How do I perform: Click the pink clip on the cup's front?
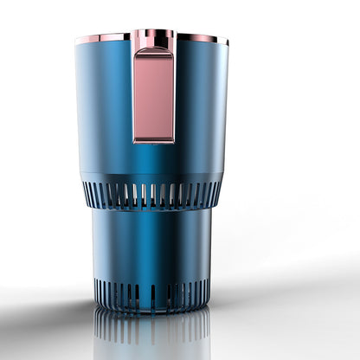coord(154,95)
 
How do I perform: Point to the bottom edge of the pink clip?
coord(154,140)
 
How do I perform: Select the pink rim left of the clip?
coord(104,38)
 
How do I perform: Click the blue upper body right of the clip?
coord(201,104)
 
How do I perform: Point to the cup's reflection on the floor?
coord(151,333)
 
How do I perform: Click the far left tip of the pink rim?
coord(76,40)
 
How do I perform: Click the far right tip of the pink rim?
coord(228,41)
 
